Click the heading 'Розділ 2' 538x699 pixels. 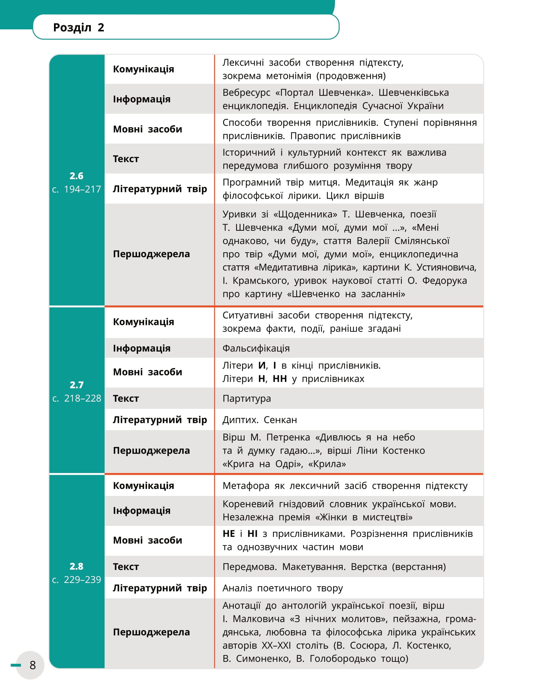(x=79, y=27)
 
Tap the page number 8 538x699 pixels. (x=32, y=665)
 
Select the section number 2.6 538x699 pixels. (x=77, y=176)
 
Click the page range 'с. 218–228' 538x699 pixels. (x=77, y=398)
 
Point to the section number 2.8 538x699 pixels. (x=77, y=566)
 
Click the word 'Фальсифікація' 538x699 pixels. (x=256, y=348)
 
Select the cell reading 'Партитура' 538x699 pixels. (x=246, y=398)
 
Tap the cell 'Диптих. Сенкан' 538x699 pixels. (x=260, y=420)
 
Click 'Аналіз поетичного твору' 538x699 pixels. (x=282, y=588)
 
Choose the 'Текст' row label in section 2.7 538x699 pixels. (x=126, y=398)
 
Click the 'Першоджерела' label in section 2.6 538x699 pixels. (x=151, y=254)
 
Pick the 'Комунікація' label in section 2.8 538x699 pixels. (x=143, y=485)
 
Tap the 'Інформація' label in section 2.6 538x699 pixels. (x=141, y=99)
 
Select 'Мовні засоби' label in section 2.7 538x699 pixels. (x=148, y=372)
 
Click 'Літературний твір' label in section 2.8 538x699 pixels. (x=160, y=588)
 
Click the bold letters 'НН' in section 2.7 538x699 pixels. (x=280, y=379)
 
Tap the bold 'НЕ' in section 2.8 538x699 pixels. (x=229, y=533)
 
